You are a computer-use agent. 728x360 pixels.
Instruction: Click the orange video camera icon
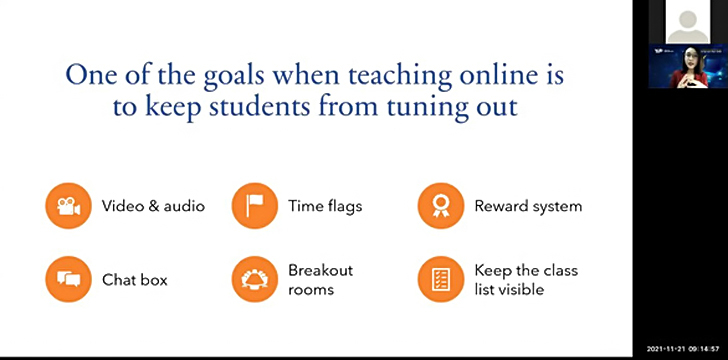[x=68, y=206]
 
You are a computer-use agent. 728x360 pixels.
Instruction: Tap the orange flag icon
[x=255, y=206]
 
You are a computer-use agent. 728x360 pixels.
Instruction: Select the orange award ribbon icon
[x=441, y=206]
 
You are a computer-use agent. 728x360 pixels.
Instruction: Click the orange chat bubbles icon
[x=68, y=279]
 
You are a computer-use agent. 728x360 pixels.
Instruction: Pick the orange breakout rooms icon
[x=255, y=279]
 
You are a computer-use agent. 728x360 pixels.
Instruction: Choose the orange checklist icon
[x=441, y=279]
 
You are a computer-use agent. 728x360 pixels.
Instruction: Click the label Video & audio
[x=153, y=206]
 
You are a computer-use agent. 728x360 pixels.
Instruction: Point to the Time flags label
[x=325, y=206]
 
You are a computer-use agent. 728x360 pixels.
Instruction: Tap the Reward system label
[x=528, y=207]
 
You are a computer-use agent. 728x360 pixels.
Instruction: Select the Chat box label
[x=135, y=280]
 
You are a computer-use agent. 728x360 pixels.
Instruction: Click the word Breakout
[x=320, y=270]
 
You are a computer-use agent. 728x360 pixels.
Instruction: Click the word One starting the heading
[x=91, y=75]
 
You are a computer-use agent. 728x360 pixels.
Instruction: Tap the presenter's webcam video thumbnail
[x=688, y=66]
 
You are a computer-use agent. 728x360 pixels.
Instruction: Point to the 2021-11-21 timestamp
[x=665, y=349]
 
